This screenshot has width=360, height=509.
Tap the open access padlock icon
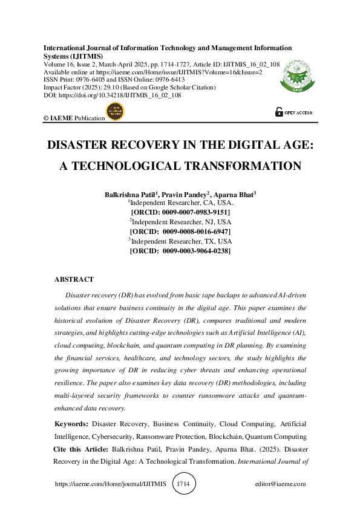[x=279, y=111]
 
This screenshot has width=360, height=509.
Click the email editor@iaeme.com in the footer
[x=281, y=484]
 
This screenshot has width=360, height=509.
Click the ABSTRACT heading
[x=74, y=280]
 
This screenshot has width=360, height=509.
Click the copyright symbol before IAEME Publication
[x=46, y=118]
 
